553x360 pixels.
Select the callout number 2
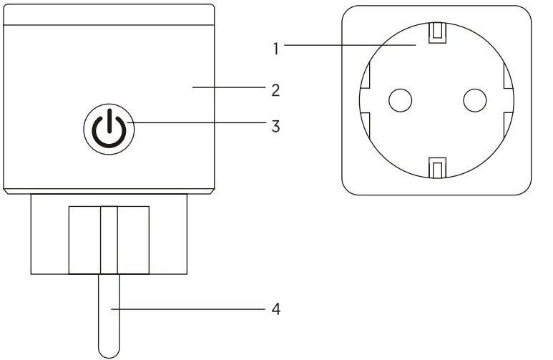(x=275, y=91)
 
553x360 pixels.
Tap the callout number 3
(x=275, y=127)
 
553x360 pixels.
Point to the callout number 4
(x=275, y=310)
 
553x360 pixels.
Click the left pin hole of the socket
(x=400, y=101)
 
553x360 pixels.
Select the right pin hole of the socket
(x=474, y=101)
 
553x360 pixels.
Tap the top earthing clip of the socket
(x=436, y=32)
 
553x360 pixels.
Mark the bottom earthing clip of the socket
(x=436, y=167)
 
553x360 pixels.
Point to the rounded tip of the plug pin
(x=109, y=351)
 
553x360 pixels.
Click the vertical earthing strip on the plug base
(x=109, y=240)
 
